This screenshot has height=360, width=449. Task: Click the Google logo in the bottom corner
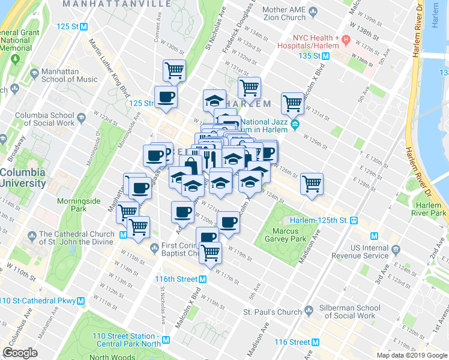20,353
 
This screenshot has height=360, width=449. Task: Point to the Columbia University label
23,178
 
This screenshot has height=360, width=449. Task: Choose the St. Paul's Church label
272,312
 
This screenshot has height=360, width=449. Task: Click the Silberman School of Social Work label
349,311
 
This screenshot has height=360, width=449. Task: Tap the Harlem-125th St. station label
319,220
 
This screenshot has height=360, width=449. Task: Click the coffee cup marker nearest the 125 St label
165,96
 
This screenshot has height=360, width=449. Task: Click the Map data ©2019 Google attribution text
412,355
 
